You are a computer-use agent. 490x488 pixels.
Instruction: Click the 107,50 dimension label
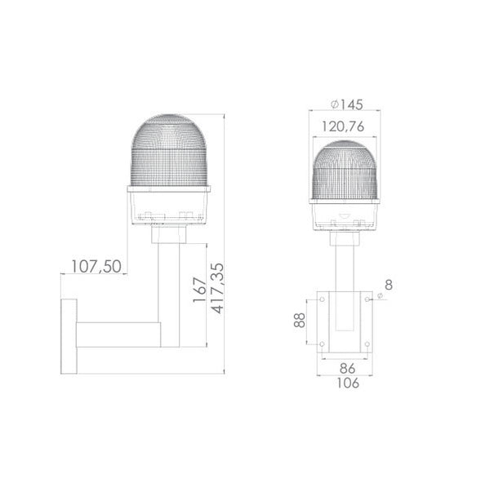tap(97, 267)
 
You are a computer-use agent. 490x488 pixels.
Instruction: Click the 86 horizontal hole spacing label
tap(346, 369)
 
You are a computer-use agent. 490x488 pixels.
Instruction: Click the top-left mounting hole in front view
tap(322, 299)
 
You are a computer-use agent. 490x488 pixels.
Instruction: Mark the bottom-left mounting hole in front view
tap(322, 344)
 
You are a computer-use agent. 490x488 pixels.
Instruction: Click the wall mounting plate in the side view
tap(69, 335)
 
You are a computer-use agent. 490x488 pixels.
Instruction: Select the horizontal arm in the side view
tap(118, 335)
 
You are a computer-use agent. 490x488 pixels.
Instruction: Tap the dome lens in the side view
tap(169, 151)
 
